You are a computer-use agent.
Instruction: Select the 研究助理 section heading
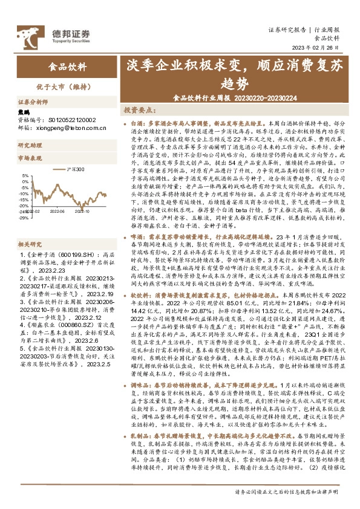[29, 146]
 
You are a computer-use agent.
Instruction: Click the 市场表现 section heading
[29, 158]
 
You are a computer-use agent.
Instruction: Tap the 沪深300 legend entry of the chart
[74, 170]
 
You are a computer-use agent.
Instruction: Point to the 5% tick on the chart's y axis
[25, 177]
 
